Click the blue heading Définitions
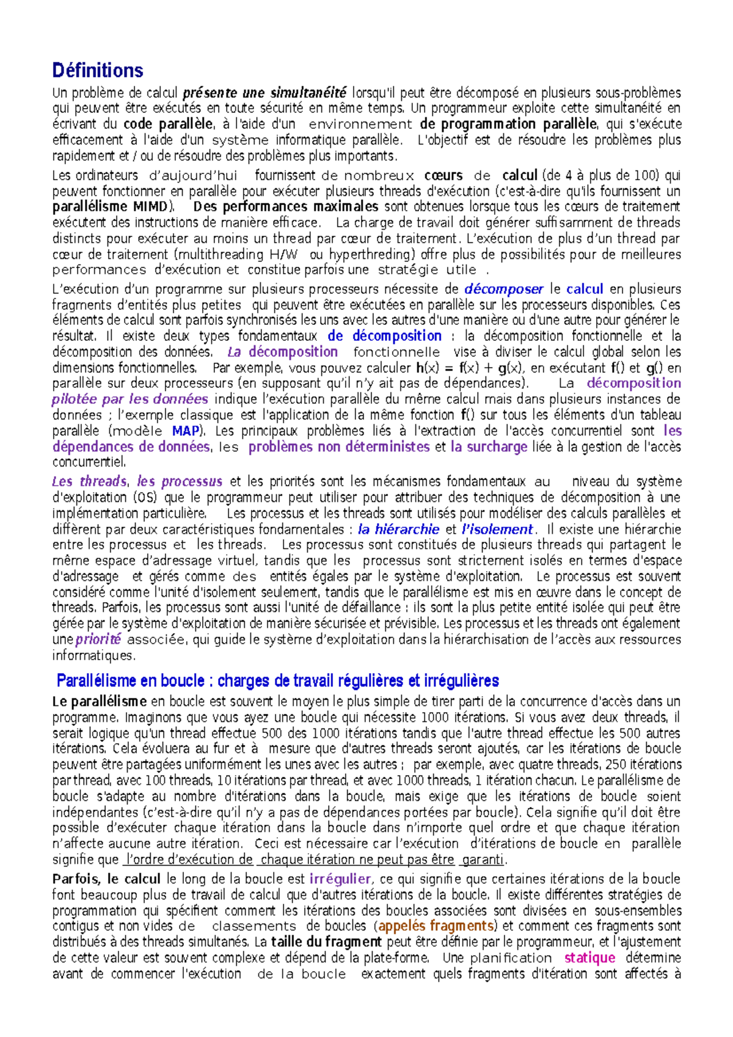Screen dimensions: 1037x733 pos(98,71)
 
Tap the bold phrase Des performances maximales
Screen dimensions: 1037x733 pos(286,207)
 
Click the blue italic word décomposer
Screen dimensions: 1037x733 pos(503,289)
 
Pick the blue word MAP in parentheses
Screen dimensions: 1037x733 pos(186,431)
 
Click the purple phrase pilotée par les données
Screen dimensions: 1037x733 pos(129,399)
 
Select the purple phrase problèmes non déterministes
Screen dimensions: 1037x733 pos(339,447)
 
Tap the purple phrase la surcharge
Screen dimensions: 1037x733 pos(489,447)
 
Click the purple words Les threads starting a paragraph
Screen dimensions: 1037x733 pos(89,482)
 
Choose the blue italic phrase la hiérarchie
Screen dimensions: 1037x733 pos(398,529)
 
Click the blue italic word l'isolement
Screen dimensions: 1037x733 pos(497,529)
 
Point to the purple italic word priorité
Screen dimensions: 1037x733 pos(98,640)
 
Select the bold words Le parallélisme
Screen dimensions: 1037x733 pos(100,702)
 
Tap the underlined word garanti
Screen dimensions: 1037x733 pos(484,860)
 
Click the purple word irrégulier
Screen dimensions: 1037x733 pos(340,879)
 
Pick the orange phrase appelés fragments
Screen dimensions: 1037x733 pos(436,926)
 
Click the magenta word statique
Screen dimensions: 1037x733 pos(589,958)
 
